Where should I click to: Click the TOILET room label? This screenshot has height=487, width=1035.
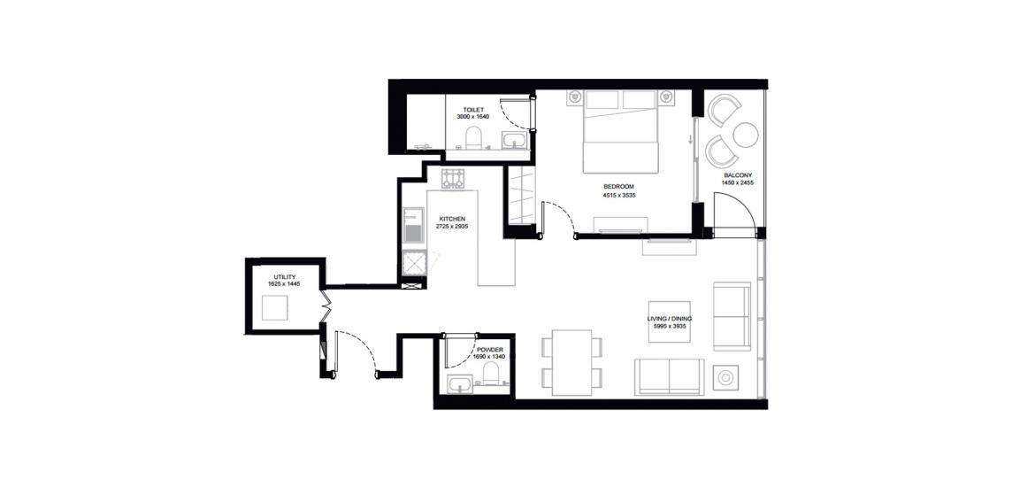474,110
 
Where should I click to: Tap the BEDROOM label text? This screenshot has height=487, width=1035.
618,187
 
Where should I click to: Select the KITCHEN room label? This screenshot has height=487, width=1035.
453,219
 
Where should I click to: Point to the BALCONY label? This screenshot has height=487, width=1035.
737,175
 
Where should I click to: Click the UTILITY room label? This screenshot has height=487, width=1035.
285,276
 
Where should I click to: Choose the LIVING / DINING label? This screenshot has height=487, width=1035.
670,319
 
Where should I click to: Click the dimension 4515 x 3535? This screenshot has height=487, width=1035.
618,196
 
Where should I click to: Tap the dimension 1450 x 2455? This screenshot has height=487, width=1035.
737,183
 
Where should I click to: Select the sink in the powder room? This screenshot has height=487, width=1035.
459,384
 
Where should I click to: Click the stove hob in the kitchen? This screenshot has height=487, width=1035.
453,178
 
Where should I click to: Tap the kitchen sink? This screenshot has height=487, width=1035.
412,226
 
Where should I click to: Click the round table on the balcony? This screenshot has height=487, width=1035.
746,135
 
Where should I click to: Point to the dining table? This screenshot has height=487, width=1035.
572,362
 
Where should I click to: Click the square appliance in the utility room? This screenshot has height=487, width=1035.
274,308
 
